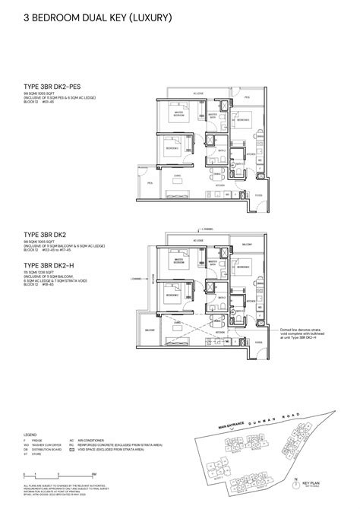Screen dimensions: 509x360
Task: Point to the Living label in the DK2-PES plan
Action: coord(176,175)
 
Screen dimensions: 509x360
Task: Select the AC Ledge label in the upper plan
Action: coord(197,94)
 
